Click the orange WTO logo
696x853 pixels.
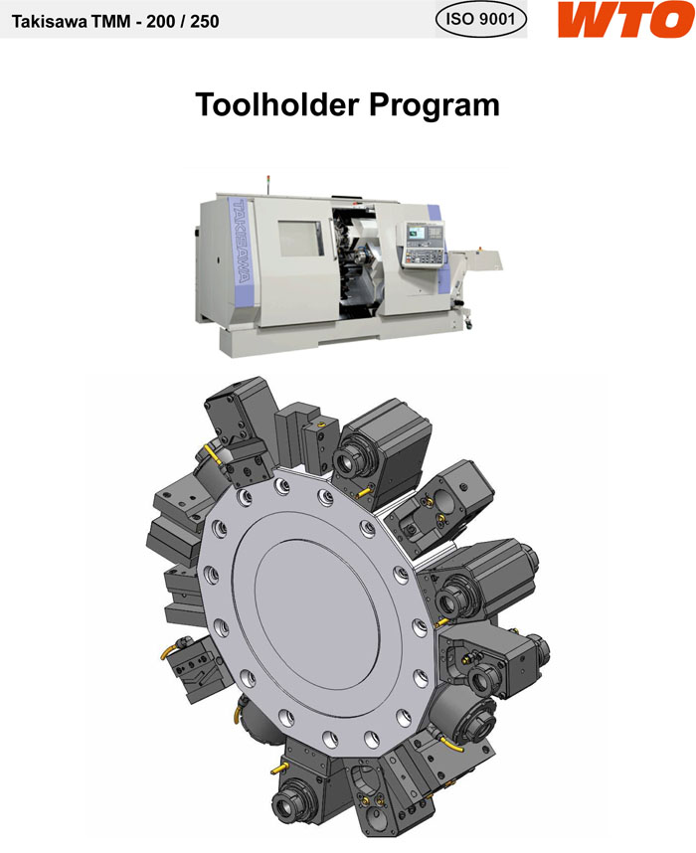[625, 19]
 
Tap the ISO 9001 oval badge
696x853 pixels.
[481, 19]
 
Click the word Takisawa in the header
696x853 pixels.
[49, 22]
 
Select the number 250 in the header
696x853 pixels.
[204, 22]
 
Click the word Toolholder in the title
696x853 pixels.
[277, 104]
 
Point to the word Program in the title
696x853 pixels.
[434, 106]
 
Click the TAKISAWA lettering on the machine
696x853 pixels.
[241, 242]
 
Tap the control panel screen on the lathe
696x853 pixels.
[418, 233]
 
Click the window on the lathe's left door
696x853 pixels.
[301, 239]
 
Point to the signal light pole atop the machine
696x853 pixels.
[268, 184]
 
